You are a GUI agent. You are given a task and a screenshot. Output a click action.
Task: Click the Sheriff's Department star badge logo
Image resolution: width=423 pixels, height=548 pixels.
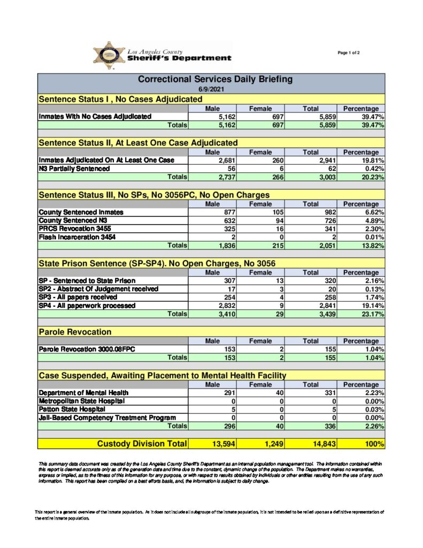click(x=109, y=56)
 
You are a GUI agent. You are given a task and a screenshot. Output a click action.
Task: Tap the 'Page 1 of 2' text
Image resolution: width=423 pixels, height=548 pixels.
click(x=349, y=52)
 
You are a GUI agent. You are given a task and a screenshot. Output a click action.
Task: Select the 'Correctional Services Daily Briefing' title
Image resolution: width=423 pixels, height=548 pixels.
click(x=215, y=79)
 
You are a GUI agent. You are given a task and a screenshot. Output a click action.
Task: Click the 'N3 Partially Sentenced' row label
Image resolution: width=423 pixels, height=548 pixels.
click(x=74, y=169)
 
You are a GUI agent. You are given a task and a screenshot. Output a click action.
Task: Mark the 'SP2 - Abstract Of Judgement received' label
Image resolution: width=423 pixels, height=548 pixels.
click(x=98, y=289)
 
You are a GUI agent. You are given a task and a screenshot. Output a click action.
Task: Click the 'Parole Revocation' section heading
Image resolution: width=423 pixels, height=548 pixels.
click(x=75, y=332)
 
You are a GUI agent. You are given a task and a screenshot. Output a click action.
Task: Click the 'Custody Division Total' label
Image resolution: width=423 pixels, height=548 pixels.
click(x=142, y=444)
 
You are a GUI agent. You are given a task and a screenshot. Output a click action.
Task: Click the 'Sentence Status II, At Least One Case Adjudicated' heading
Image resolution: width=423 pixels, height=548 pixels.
click(x=138, y=143)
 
